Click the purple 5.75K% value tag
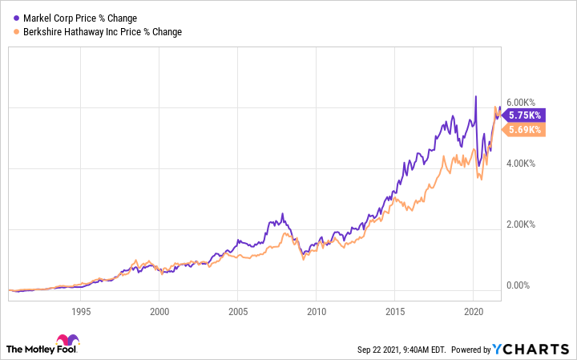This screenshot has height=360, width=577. (526, 115)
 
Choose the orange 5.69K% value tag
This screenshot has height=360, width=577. (526, 129)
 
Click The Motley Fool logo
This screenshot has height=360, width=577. (49, 346)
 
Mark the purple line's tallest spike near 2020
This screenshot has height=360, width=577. (475, 97)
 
